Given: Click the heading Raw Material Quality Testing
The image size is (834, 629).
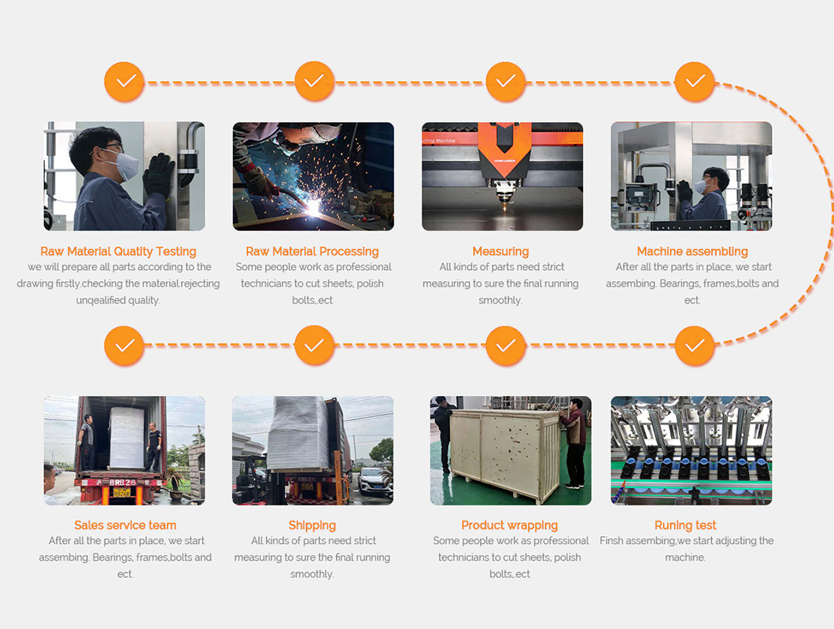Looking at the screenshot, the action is point(118,251).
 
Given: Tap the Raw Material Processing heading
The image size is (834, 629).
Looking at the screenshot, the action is point(312,251).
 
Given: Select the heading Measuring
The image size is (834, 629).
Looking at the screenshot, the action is point(500,251).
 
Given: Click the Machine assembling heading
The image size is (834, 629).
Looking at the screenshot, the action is point(692,251).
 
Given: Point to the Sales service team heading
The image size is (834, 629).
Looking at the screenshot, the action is point(125,525).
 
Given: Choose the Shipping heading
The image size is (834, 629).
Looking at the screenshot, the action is point(312,526).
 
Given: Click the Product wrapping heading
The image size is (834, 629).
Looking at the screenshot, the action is point(509,526).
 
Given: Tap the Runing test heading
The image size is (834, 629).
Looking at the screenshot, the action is point(685,526).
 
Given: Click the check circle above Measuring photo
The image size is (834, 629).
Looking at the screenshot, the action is point(505,81).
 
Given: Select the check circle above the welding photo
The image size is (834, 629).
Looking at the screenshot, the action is point(315,81).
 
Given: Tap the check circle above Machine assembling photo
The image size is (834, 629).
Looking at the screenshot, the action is point(695,81).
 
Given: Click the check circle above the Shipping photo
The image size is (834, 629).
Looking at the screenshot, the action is point(315,346).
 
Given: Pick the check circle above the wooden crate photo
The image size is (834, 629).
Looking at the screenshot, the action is point(505,346).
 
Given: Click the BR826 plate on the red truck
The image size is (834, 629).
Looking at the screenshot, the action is point(122,483).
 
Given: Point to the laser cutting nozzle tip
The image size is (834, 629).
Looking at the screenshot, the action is point(504,205).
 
